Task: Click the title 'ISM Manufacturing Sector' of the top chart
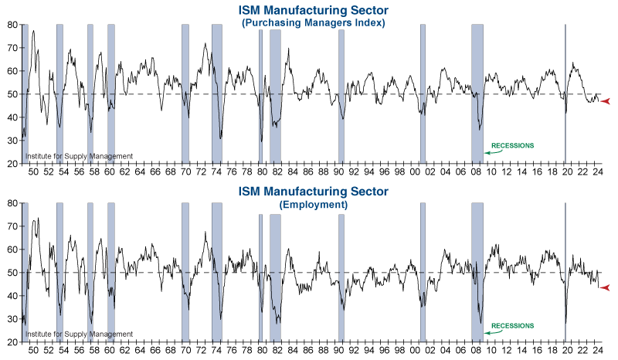point(313,10)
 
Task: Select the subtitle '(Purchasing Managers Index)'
point(313,23)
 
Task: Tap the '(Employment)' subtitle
point(313,205)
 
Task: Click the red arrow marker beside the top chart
point(606,101)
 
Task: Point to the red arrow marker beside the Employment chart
point(606,288)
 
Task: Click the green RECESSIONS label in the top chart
point(512,146)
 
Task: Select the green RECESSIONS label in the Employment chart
point(512,326)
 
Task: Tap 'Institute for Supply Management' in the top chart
point(79,156)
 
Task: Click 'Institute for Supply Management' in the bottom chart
point(79,335)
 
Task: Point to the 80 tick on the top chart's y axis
point(12,25)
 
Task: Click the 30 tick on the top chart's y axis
point(12,141)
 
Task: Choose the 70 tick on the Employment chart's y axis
point(12,226)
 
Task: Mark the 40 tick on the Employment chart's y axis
point(12,296)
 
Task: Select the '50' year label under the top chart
point(33,172)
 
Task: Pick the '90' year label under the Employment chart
point(339,351)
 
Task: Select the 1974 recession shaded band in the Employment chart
point(217,270)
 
